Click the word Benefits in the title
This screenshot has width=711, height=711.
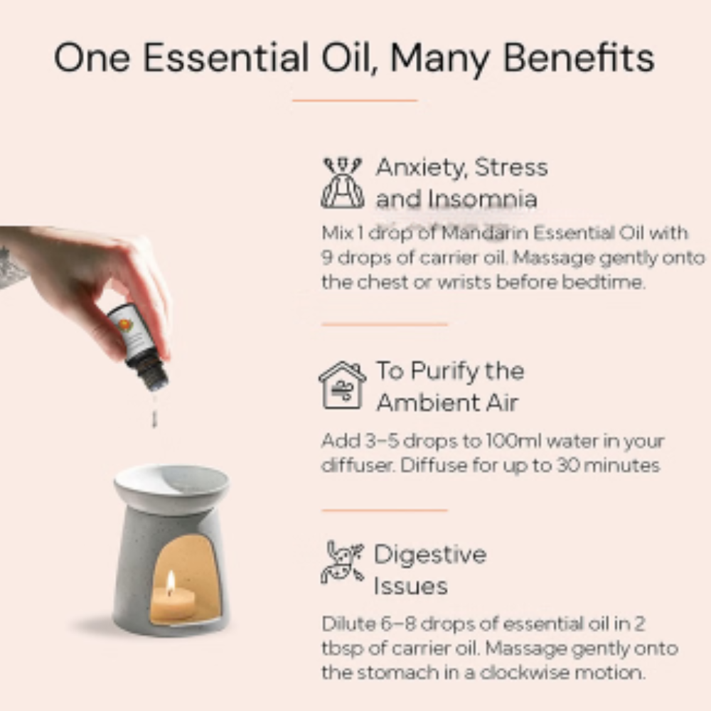[x=579, y=58]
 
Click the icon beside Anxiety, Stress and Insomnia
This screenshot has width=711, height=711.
[x=343, y=182]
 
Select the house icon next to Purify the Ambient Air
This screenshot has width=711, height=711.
[x=343, y=385]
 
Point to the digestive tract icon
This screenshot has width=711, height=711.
[x=343, y=562]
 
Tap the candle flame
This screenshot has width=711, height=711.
[x=171, y=582]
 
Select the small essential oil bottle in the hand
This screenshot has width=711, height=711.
[x=137, y=347]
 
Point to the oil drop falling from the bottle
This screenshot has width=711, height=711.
[x=154, y=418]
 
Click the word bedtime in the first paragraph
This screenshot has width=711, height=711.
[x=603, y=282]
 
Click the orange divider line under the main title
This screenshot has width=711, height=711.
[x=355, y=100]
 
